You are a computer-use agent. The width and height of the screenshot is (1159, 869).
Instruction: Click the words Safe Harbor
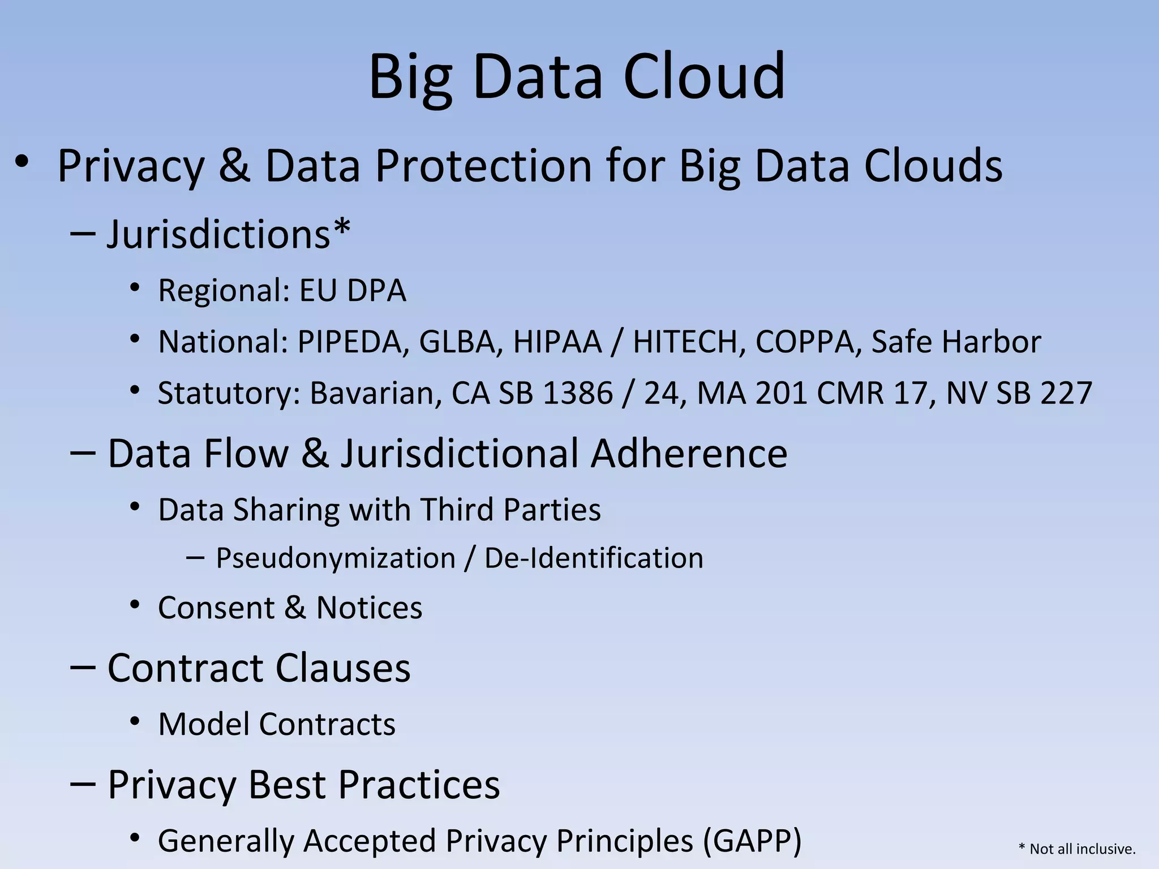coord(956,342)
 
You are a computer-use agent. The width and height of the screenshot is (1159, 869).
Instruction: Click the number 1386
coord(577,394)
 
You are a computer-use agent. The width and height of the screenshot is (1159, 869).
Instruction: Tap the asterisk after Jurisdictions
coord(342,228)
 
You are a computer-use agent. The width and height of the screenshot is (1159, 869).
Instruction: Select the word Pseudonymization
coord(336,559)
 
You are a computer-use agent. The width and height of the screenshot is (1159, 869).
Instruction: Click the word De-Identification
coord(594,559)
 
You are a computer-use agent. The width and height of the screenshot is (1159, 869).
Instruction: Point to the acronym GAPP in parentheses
coord(752,841)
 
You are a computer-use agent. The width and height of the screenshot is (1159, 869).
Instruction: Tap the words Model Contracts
coord(277,725)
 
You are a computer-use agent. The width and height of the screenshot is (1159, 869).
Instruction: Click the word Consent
coord(216,608)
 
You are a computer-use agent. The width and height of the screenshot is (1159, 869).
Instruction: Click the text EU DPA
coord(352,291)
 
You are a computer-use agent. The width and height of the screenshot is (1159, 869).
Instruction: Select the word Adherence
coord(689,454)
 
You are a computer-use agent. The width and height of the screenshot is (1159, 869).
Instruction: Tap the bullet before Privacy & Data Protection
coord(22,162)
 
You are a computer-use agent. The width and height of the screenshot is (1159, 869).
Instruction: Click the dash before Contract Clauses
coord(83,668)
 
